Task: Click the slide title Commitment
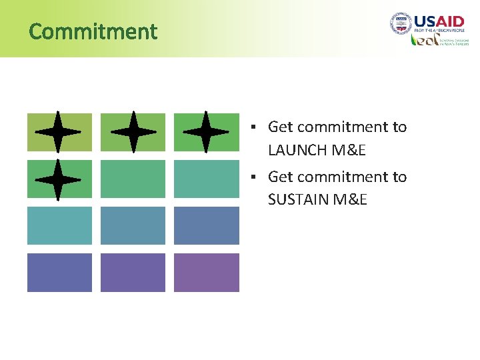tap(93, 31)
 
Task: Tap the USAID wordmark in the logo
tap(439, 21)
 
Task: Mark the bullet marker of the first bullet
tap(254, 127)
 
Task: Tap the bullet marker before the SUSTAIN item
tap(254, 177)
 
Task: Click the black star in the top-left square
tap(58, 132)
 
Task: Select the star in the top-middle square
tap(133, 132)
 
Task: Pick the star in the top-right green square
tap(205, 132)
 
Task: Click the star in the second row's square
tap(58, 179)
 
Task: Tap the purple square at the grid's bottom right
tap(206, 272)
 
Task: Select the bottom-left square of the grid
tap(59, 272)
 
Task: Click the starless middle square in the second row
tap(133, 179)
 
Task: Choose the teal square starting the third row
tap(59, 225)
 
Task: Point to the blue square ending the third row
tap(206, 225)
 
